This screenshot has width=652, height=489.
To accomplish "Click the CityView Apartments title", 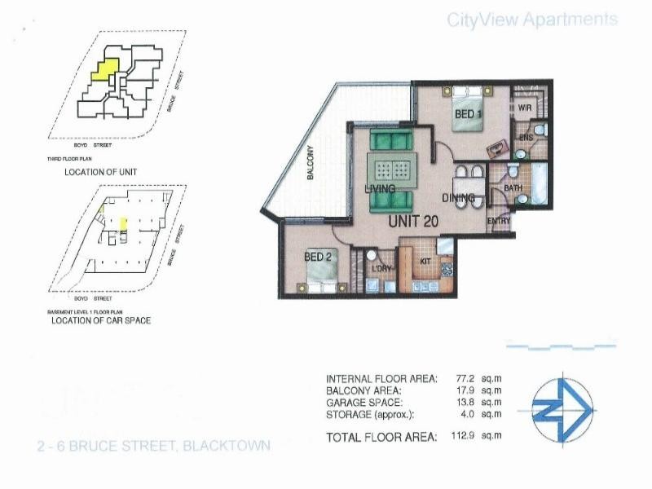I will click(532, 20).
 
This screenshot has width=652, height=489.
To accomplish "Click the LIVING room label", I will click(380, 189).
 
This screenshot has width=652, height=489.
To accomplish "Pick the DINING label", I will click(458, 197).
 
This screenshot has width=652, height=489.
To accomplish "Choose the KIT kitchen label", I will click(425, 261).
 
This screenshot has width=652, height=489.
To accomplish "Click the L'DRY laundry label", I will click(381, 267).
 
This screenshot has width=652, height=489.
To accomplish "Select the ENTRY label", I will click(498, 221).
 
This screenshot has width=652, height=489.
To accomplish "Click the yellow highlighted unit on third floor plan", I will click(104, 68).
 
